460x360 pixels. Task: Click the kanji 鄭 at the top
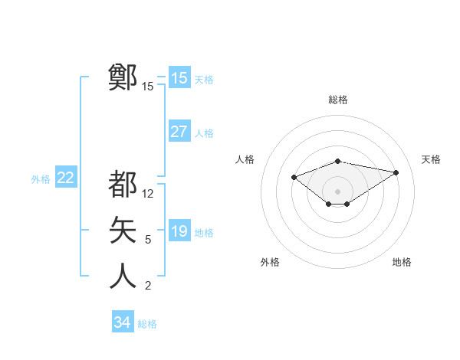123,77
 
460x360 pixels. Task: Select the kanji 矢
123,230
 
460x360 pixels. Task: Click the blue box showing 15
179,78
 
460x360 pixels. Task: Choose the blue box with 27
179,132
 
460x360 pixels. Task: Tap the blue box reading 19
179,231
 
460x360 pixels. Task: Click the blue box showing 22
65,178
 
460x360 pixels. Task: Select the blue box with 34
123,322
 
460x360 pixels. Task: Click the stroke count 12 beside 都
148,194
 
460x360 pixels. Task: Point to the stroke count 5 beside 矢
148,240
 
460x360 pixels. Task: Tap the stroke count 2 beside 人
148,286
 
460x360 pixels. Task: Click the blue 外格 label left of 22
41,179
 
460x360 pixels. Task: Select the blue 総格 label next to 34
147,324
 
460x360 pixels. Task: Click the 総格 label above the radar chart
337,100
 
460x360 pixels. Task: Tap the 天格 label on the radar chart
431,159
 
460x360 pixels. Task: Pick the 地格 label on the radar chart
402,262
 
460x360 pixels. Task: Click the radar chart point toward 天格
396,172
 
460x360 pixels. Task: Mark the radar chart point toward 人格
294,177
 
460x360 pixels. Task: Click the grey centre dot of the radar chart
337,191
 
